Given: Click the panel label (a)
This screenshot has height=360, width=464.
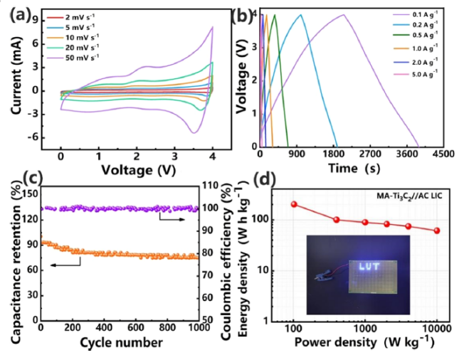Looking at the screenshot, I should pos(19,12).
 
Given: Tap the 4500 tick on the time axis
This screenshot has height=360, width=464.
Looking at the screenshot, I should pos(445,153).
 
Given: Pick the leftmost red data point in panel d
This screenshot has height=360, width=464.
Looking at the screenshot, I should pos(293,204).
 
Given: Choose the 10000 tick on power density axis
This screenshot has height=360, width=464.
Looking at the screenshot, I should pos(437,329).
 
